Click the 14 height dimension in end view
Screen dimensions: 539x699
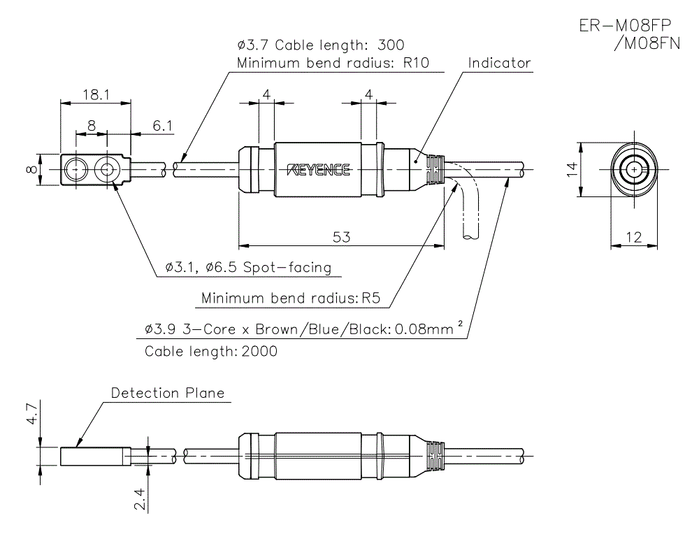572,170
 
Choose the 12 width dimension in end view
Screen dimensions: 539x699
633,238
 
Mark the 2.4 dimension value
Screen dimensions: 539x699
139,499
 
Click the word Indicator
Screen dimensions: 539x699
499,63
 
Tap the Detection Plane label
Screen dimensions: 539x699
168,393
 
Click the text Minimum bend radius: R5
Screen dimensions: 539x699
289,299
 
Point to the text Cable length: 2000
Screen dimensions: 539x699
210,351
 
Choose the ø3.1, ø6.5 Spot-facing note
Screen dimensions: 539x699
248,268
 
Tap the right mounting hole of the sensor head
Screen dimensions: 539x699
107,170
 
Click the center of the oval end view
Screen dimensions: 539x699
634,170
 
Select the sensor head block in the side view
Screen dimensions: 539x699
92,457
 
